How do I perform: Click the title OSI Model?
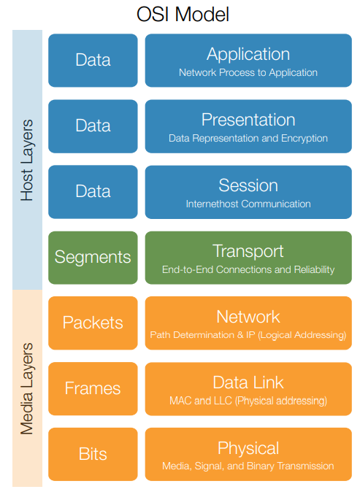click(180, 14)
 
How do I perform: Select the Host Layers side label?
click(27, 159)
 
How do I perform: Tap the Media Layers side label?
click(27, 388)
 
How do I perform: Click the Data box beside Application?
click(93, 60)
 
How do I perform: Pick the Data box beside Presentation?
click(93, 126)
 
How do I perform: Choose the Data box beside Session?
click(93, 191)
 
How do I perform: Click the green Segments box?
click(93, 257)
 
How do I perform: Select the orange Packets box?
click(93, 323)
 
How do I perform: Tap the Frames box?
click(93, 388)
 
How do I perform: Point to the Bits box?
click(93, 454)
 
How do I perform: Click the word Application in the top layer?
click(248, 54)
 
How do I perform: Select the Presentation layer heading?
click(248, 120)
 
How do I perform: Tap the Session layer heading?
click(248, 185)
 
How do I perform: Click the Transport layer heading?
click(248, 251)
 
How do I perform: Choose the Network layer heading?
click(248, 317)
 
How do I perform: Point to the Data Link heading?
click(248, 382)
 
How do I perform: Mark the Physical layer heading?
click(248, 448)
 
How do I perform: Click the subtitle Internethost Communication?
click(248, 204)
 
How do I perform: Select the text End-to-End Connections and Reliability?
click(248, 269)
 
